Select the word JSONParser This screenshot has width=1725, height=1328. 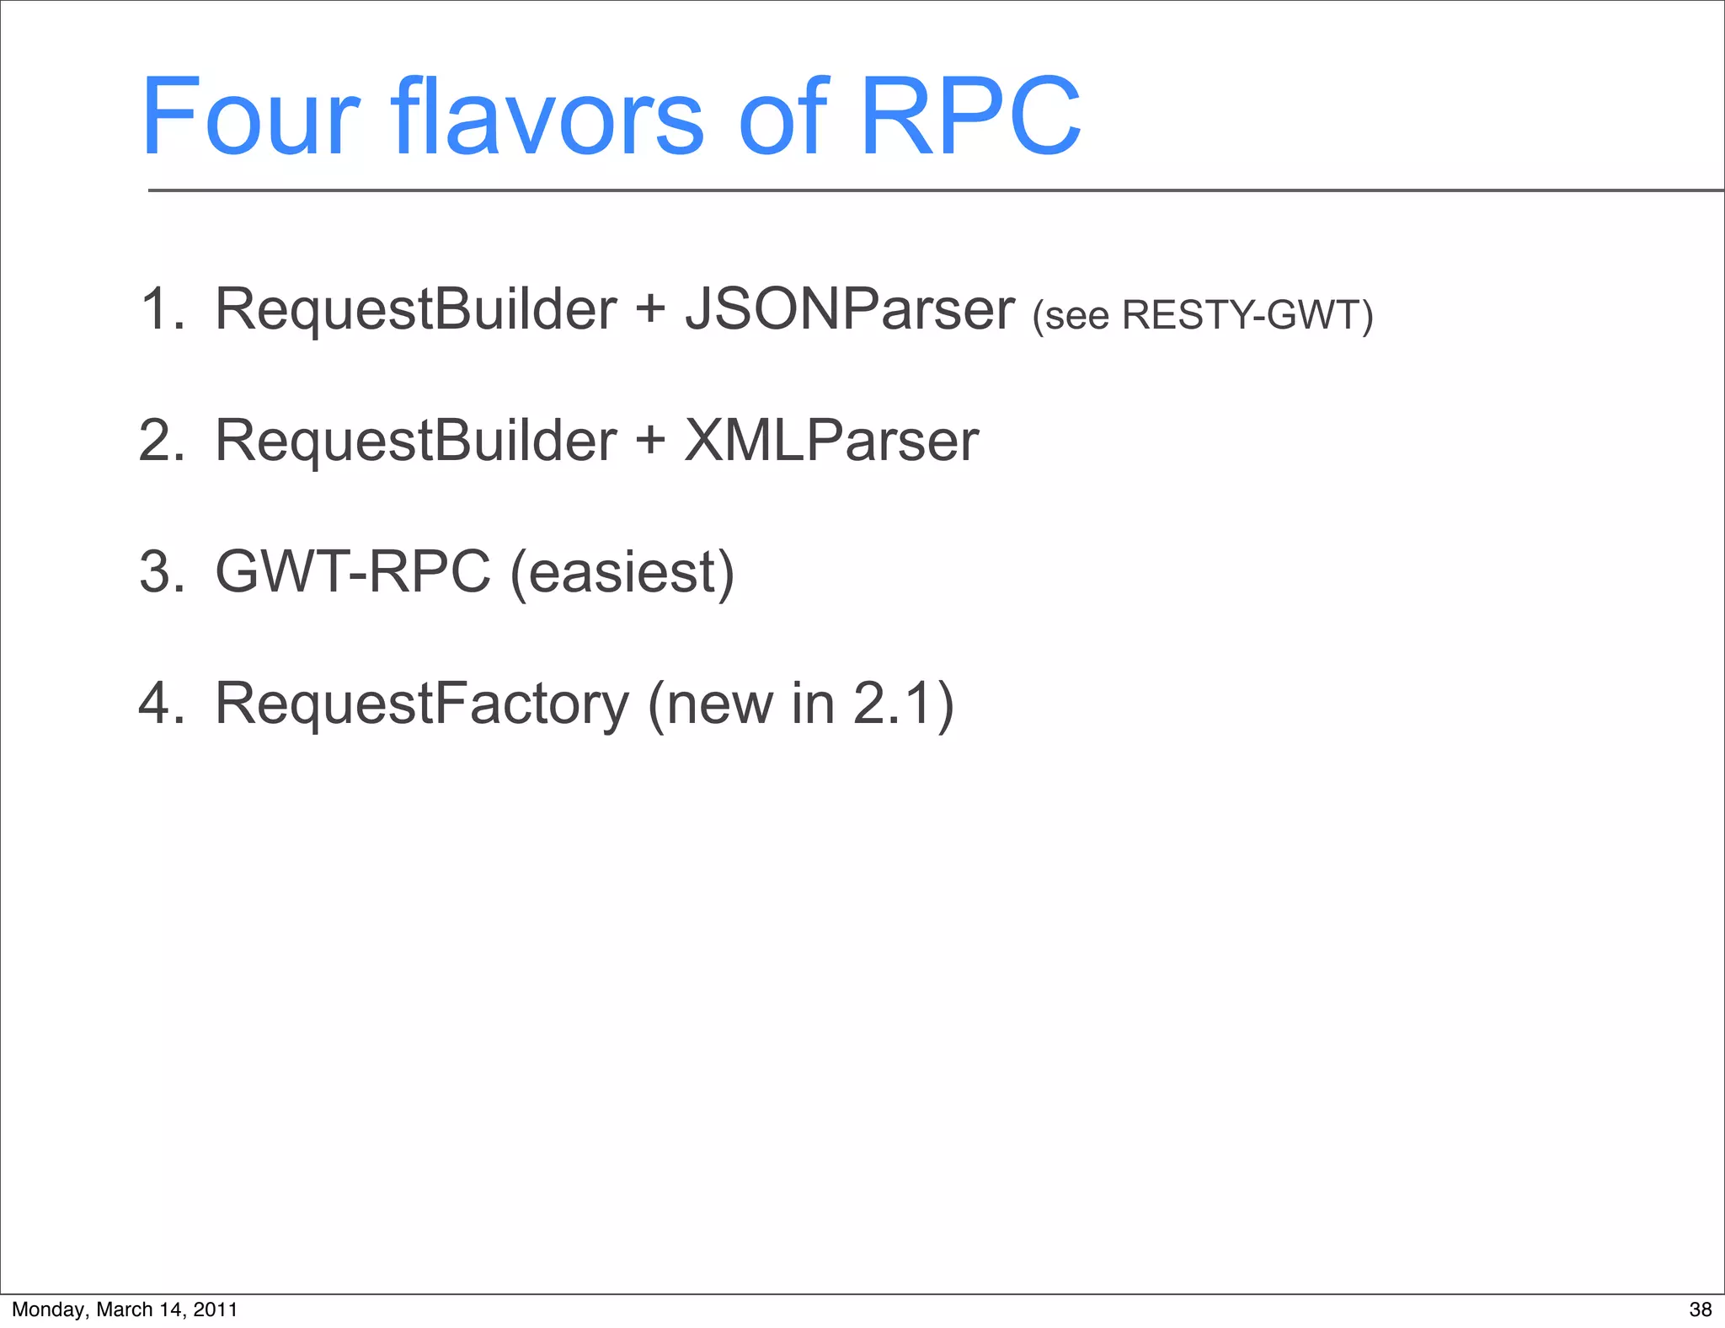click(x=849, y=310)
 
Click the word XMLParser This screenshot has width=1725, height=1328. click(x=831, y=441)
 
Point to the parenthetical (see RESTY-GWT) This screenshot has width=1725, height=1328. click(x=1203, y=315)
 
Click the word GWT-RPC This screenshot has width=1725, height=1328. click(x=352, y=572)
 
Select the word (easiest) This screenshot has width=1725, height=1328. click(x=622, y=574)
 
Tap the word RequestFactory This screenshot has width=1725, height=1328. click(x=421, y=704)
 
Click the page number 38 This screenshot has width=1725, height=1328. click(x=1700, y=1309)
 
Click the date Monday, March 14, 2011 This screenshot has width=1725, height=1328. click(x=125, y=1309)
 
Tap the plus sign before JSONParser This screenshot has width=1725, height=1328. click(x=650, y=308)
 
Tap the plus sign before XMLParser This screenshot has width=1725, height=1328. click(x=650, y=440)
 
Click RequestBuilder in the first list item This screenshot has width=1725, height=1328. click(x=415, y=309)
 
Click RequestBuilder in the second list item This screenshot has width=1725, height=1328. click(x=415, y=441)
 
